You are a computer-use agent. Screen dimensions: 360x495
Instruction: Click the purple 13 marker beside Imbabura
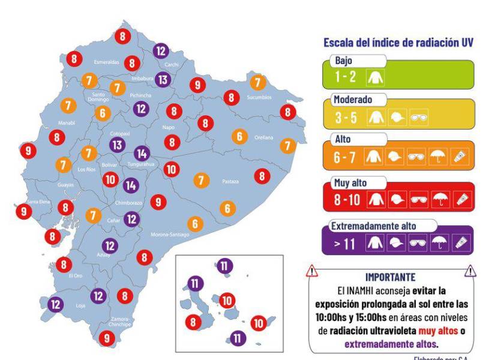pyautogui.click(x=163, y=79)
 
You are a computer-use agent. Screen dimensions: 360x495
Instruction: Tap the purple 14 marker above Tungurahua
pyautogui.click(x=142, y=153)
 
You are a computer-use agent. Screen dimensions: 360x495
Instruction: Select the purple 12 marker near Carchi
pyautogui.click(x=160, y=50)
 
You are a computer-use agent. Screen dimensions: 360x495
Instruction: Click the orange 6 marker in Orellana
pyautogui.click(x=240, y=137)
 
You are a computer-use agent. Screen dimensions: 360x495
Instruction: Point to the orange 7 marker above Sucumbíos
pyautogui.click(x=257, y=82)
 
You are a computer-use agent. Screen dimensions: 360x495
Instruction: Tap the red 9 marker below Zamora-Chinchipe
pyautogui.click(x=106, y=338)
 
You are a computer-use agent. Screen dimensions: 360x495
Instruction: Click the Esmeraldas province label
pyautogui.click(x=107, y=62)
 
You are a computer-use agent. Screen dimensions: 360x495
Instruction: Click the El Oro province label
pyautogui.click(x=75, y=276)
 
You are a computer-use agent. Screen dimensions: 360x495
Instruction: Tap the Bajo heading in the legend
pyautogui.click(x=346, y=61)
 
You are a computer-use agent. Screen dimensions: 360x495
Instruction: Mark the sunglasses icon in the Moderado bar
pyautogui.click(x=418, y=118)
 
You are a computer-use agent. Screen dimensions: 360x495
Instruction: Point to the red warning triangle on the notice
pyautogui.click(x=311, y=272)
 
